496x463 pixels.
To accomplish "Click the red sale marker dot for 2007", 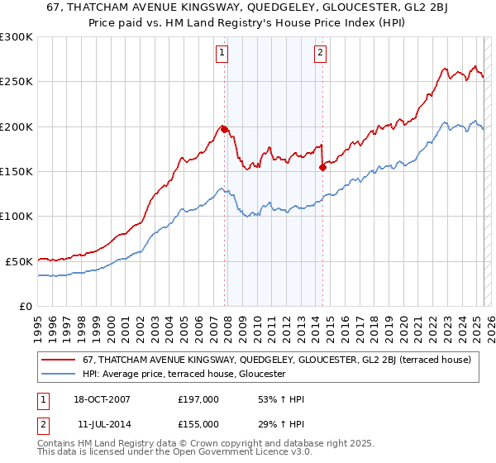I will click(x=224, y=128).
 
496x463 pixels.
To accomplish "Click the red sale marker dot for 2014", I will click(x=322, y=167).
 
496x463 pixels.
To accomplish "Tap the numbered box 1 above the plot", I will click(x=223, y=55).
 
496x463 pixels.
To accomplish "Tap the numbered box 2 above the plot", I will click(x=321, y=55).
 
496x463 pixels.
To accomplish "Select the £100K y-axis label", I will click(x=17, y=216).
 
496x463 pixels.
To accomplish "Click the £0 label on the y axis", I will click(x=25, y=306).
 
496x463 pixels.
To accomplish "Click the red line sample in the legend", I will click(x=60, y=360).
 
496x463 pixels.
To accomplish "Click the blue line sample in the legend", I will click(x=60, y=374).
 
